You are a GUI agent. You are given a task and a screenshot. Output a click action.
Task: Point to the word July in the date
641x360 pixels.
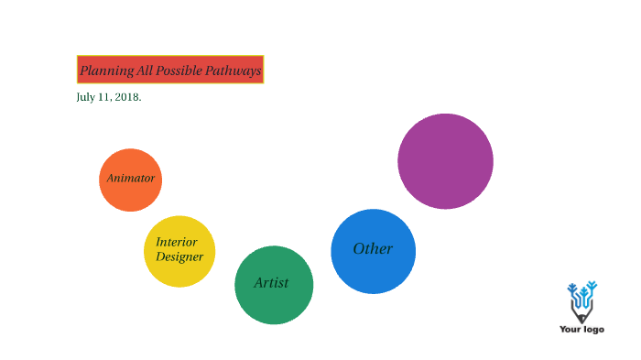pyautogui.click(x=86, y=97)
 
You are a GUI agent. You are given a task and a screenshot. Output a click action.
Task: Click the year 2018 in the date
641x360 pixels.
pyautogui.click(x=128, y=97)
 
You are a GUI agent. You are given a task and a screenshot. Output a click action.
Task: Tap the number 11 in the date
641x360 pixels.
pyautogui.click(x=105, y=97)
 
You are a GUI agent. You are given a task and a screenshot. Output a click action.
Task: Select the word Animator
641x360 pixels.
pyautogui.click(x=130, y=179)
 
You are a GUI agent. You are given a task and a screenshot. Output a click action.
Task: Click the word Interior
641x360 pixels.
pyautogui.click(x=176, y=243)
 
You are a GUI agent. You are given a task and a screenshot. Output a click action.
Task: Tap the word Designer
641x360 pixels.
pyautogui.click(x=179, y=256)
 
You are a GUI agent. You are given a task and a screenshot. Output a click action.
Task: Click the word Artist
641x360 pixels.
pyautogui.click(x=271, y=283)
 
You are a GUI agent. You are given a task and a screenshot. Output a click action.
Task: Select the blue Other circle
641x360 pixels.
pyautogui.click(x=373, y=271)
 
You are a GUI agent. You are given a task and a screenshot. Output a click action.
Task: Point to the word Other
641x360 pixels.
pyautogui.click(x=373, y=249)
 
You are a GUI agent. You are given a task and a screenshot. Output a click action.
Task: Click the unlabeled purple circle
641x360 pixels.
pyautogui.click(x=445, y=161)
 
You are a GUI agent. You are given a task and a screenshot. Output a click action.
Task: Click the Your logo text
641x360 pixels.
pyautogui.click(x=581, y=329)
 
